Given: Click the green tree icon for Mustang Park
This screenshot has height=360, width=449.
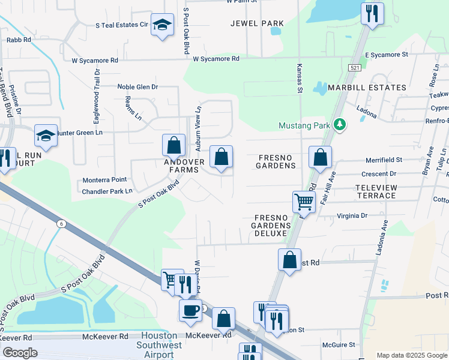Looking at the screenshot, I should click(x=340, y=124).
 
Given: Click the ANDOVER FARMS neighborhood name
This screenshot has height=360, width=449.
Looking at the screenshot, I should click(x=185, y=166).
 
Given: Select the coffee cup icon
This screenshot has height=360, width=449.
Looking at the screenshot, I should click(x=190, y=310).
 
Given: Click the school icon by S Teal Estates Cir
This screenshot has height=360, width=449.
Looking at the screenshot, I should click(x=161, y=25).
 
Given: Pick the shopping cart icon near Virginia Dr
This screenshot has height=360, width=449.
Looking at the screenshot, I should click(x=304, y=202).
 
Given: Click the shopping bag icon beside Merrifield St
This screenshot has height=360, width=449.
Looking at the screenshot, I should click(x=321, y=157).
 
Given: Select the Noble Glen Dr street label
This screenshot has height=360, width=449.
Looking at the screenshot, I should click(x=137, y=87).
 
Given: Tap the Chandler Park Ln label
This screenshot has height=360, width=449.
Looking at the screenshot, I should click(x=107, y=191).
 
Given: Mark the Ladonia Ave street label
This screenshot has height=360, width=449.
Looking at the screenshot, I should click(x=379, y=237).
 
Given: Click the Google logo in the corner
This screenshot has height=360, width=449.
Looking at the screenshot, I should click(x=20, y=353).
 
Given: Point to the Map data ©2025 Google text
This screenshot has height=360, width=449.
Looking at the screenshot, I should click(x=412, y=355).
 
